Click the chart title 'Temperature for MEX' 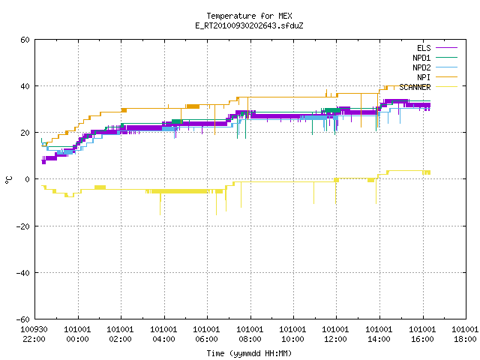click(249, 16)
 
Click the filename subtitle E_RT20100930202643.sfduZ click(249, 25)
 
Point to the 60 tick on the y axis click(25, 40)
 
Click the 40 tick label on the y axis click(25, 86)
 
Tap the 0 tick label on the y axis click(28, 179)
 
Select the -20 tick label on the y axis click(23, 226)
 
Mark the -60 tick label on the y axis click(23, 319)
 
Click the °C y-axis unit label click(8, 180)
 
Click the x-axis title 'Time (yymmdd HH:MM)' click(249, 353)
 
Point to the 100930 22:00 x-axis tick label click(34, 334)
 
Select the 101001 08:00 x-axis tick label click(250, 334)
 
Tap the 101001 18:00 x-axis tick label click(465, 334)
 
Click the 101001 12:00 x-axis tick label click(335, 334)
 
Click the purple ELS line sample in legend click(446, 48)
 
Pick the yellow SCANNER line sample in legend click(446, 87)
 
